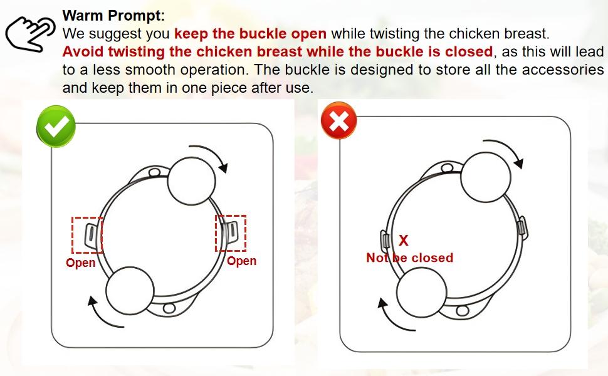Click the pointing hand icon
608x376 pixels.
point(30,34)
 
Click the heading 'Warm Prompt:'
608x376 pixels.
point(113,16)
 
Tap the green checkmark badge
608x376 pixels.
point(56,127)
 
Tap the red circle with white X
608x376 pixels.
point(339,120)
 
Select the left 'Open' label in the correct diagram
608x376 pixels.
point(81,263)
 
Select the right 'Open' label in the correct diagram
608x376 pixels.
point(241,261)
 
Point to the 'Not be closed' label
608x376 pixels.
point(410,258)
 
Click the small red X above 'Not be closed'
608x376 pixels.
point(404,241)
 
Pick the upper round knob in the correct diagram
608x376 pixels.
point(192,181)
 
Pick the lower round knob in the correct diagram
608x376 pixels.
point(130,291)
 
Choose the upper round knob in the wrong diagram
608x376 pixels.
point(486,177)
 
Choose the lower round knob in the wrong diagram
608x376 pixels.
point(422,293)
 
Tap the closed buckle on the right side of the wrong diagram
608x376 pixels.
point(522,226)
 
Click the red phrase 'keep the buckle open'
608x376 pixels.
point(251,34)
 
